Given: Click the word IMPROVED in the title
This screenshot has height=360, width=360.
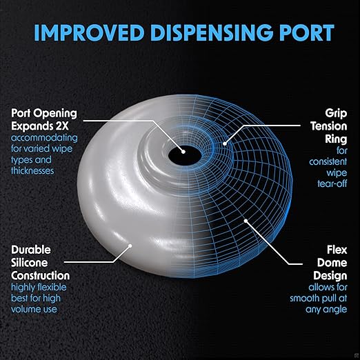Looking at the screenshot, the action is click(x=89, y=33).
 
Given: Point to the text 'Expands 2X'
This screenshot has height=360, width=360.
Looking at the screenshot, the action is click(x=40, y=126).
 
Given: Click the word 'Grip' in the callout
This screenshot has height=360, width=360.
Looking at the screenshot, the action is click(x=336, y=114).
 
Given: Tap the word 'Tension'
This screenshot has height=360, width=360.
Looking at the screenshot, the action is click(x=329, y=126).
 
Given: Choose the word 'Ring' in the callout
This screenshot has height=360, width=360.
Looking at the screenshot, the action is click(x=336, y=139).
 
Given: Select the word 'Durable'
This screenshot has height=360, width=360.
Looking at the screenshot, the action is click(x=31, y=250).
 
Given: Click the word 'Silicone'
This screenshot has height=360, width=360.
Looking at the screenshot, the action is click(x=30, y=263).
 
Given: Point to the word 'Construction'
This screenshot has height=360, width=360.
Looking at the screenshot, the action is click(x=40, y=276).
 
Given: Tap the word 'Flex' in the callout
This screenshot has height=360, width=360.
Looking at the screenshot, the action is click(x=337, y=250).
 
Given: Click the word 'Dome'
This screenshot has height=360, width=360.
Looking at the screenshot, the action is click(x=332, y=263).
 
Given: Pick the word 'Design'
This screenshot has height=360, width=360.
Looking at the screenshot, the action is click(x=330, y=276).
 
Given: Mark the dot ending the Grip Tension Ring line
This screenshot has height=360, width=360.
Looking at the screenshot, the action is click(x=225, y=144).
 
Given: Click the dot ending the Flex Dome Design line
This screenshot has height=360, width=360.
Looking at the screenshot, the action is click(x=246, y=221).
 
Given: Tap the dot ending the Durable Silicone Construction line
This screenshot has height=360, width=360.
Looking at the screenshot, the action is click(x=130, y=246).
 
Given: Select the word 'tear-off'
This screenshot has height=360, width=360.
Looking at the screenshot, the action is click(x=332, y=183).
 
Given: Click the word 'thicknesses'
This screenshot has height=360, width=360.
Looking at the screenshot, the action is click(x=32, y=171).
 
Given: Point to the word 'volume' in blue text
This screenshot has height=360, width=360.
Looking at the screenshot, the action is click(x=25, y=310).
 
